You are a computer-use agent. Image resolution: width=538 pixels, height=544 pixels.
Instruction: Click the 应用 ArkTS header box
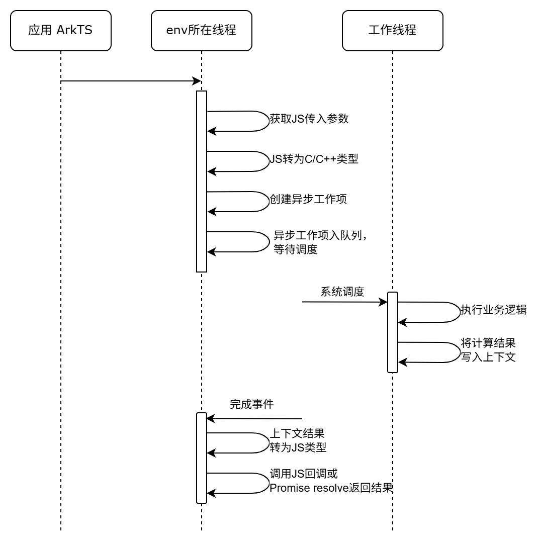coord(60,31)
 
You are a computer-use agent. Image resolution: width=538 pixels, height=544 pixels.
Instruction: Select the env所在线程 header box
coord(201,31)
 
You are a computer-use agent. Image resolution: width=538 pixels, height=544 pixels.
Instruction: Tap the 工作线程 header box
coord(392,31)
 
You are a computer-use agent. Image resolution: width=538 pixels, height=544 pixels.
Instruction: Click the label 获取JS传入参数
coord(309,119)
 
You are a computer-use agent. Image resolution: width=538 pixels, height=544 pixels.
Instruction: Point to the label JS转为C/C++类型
coord(314,159)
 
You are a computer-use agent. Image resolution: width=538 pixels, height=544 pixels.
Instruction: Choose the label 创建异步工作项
coord(308,199)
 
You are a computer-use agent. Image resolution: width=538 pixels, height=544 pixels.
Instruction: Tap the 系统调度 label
coord(342,292)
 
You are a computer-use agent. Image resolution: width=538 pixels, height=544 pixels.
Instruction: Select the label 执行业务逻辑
coord(494,310)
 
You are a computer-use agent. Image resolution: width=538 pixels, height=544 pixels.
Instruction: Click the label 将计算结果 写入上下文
coord(488,350)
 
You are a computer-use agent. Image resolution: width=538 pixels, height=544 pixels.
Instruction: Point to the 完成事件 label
coord(251,404)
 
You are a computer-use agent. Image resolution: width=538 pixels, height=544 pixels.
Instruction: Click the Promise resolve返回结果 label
coord(330,488)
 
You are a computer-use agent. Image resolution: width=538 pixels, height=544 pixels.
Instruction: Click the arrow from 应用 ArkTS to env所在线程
coord(131,81)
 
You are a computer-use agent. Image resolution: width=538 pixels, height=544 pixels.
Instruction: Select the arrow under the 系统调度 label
coord(344,302)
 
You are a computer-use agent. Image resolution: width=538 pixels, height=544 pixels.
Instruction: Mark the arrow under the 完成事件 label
coord(254,418)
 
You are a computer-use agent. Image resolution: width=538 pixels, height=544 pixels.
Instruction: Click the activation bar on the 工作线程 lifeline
coord(393,332)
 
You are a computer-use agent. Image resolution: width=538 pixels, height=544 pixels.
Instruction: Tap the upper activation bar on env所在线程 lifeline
coord(202,181)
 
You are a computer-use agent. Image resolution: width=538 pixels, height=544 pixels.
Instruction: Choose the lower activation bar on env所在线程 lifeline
coord(202,458)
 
